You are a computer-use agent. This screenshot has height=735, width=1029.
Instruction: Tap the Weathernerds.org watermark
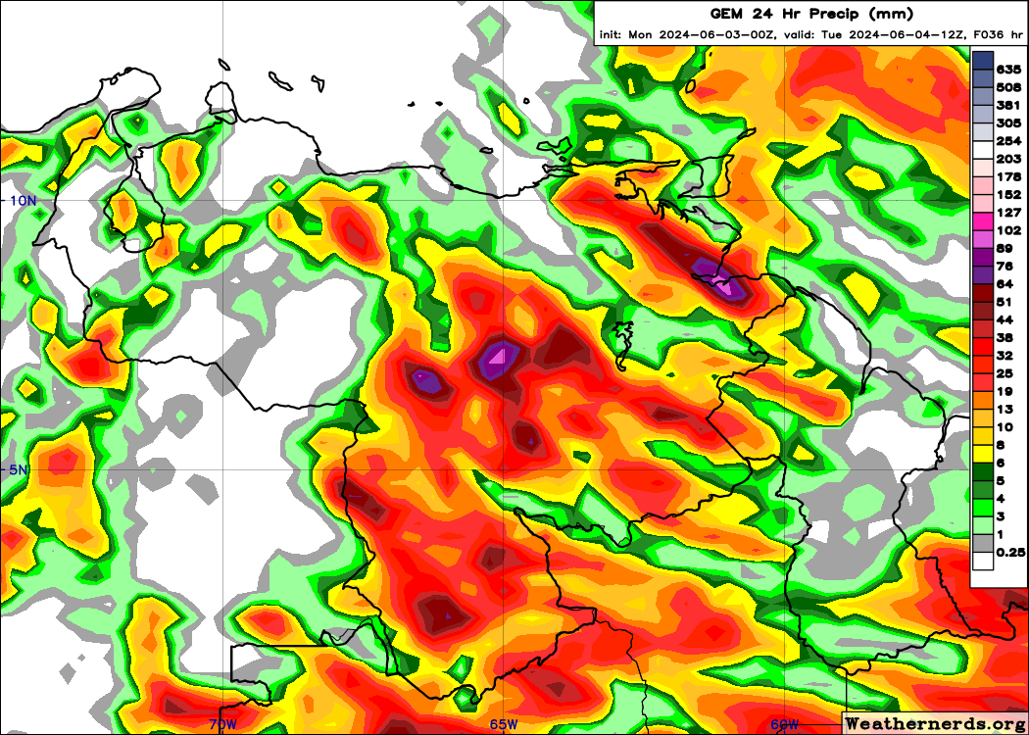pos(935,723)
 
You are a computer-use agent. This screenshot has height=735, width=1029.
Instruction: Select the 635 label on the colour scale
pos(1008,70)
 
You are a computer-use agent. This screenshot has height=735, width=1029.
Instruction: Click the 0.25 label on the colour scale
pos(1010,553)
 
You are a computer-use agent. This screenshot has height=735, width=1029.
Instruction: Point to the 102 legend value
pos(1008,230)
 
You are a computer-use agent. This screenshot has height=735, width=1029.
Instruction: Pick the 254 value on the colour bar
pos(1008,141)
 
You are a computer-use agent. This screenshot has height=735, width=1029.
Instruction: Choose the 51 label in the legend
pos(1005,302)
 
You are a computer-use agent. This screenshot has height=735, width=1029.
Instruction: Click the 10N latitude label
pos(22,200)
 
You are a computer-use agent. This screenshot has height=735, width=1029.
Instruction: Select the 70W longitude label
pos(222,724)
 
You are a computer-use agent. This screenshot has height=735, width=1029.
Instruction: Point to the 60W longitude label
pos(784,724)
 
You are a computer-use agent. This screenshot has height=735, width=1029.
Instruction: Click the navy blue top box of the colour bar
pos(983,60)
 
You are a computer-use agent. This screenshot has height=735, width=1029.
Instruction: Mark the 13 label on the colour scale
pos(1005,409)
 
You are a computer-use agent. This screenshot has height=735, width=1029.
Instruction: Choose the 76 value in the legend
pos(1005,266)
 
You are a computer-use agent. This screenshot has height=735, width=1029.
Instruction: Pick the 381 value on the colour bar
pos(1008,105)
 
